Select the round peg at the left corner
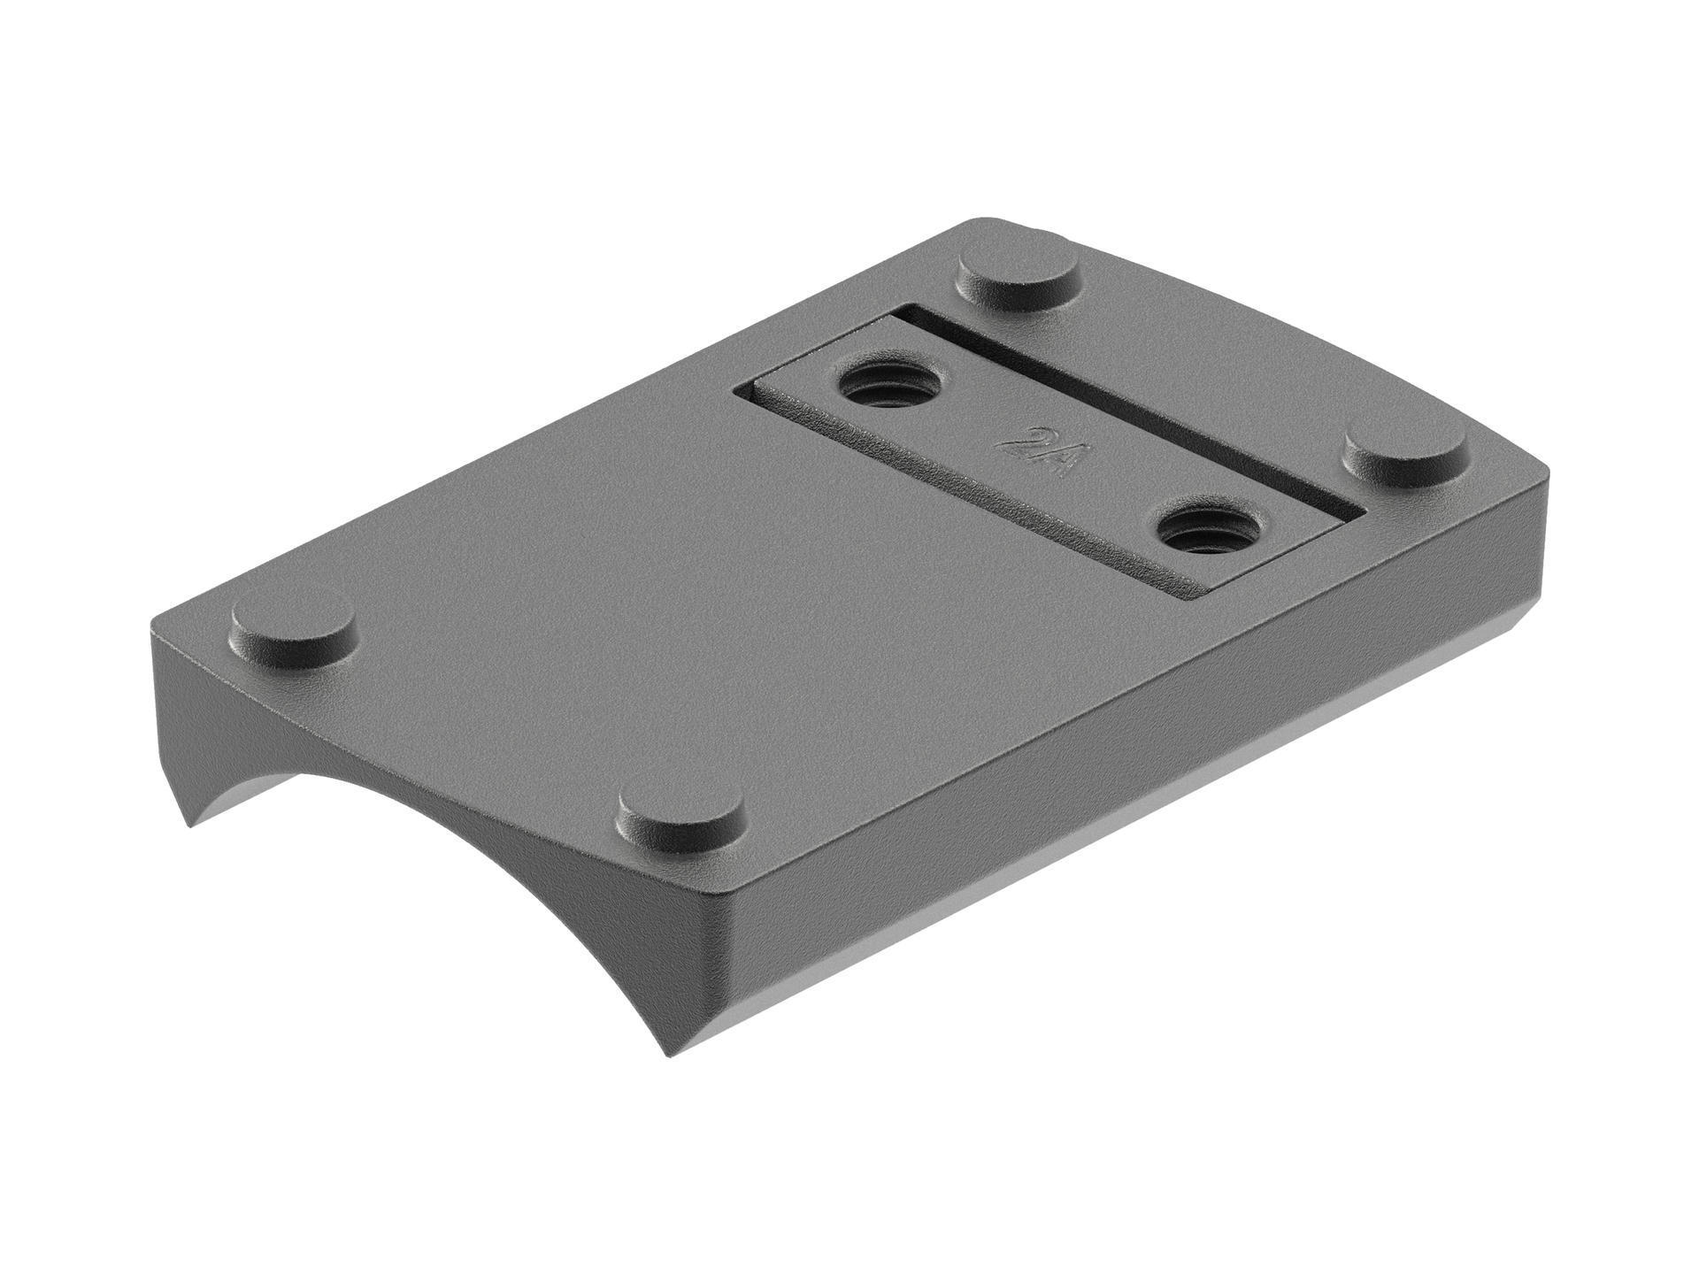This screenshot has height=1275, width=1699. pyautogui.click(x=293, y=626)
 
